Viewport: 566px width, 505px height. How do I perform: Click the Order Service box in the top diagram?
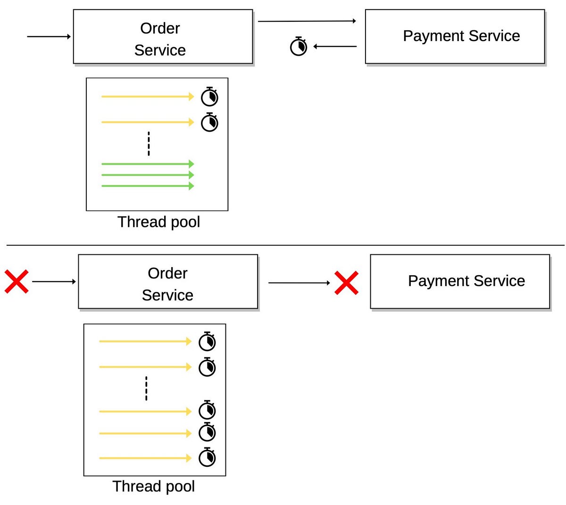[163, 37]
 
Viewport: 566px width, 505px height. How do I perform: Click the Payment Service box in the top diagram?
[455, 36]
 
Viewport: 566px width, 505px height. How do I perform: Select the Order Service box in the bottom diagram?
[168, 282]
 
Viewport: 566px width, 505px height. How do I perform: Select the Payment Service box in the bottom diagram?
[460, 281]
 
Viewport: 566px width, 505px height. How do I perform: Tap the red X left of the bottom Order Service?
[17, 282]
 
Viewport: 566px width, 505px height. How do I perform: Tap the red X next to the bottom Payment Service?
[346, 283]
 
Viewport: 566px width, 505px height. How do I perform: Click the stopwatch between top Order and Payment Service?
[298, 46]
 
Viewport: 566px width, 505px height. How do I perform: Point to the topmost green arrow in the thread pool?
[147, 164]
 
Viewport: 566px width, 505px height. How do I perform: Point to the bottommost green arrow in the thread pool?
[147, 186]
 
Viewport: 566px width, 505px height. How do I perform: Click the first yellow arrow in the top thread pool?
[147, 97]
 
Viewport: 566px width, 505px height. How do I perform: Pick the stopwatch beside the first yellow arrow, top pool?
[209, 97]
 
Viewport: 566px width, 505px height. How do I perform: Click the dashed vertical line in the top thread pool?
[149, 144]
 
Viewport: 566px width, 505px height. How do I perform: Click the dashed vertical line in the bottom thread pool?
[146, 388]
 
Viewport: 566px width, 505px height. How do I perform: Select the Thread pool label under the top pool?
[158, 222]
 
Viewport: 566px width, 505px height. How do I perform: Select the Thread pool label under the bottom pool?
[154, 486]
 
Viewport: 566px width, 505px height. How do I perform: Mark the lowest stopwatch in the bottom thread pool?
[207, 457]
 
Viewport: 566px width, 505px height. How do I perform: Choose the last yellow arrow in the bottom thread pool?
[145, 458]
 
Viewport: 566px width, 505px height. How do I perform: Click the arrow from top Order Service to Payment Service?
[307, 21]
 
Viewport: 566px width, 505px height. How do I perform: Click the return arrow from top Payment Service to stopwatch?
[335, 46]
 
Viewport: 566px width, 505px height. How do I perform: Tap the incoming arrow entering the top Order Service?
[49, 36]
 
